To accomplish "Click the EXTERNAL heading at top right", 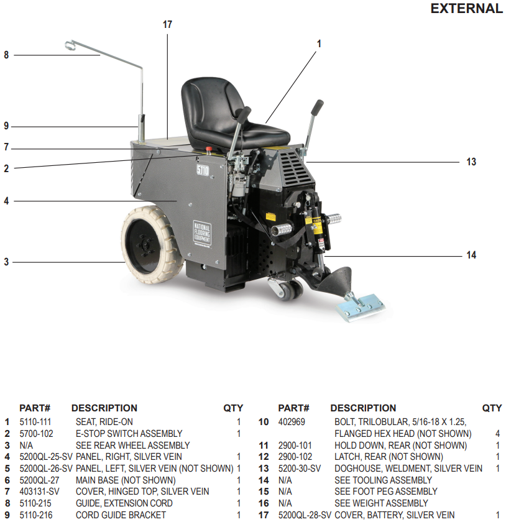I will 466,9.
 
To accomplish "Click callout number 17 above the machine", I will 167,25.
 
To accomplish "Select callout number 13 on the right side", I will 471,162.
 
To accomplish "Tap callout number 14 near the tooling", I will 471,255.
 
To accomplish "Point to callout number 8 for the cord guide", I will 6,55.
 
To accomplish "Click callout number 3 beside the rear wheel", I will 6,262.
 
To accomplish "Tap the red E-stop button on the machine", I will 209,149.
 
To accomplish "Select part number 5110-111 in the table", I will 36,422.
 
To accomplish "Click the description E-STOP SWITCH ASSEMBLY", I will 129,434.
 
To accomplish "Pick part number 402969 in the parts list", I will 292,422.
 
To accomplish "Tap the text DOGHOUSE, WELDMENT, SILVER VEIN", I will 408,469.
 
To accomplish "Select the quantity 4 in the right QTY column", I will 497,434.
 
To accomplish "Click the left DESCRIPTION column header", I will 104,408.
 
